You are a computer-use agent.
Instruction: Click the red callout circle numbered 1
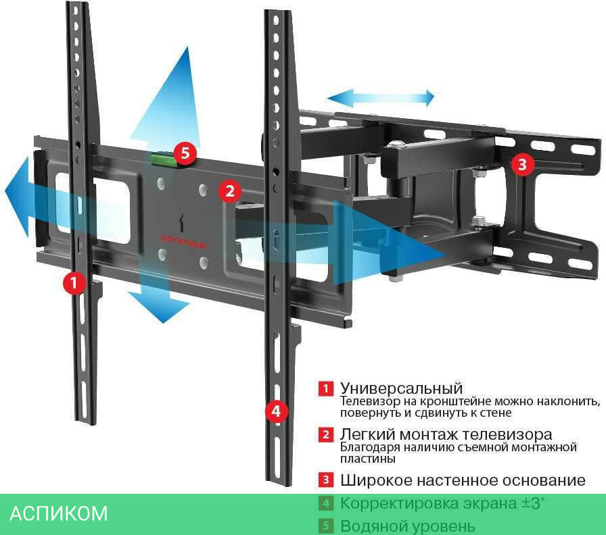pyautogui.click(x=74, y=282)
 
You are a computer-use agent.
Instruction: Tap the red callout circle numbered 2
pyautogui.click(x=230, y=191)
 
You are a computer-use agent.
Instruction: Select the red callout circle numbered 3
pyautogui.click(x=522, y=163)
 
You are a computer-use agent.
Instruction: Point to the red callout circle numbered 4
pyautogui.click(x=275, y=411)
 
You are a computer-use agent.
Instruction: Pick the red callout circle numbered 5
pyautogui.click(x=185, y=153)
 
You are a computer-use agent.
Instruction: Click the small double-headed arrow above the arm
pyautogui.click(x=381, y=98)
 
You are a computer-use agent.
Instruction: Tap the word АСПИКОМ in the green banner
pyautogui.click(x=59, y=513)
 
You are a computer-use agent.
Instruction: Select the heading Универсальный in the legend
pyautogui.click(x=401, y=388)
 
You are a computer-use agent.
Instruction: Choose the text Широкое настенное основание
pyautogui.click(x=463, y=480)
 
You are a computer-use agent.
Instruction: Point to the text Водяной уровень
pyautogui.click(x=407, y=526)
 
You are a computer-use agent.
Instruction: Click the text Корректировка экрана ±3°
pyautogui.click(x=442, y=503)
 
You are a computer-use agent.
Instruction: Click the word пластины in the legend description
pyautogui.click(x=367, y=459)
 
